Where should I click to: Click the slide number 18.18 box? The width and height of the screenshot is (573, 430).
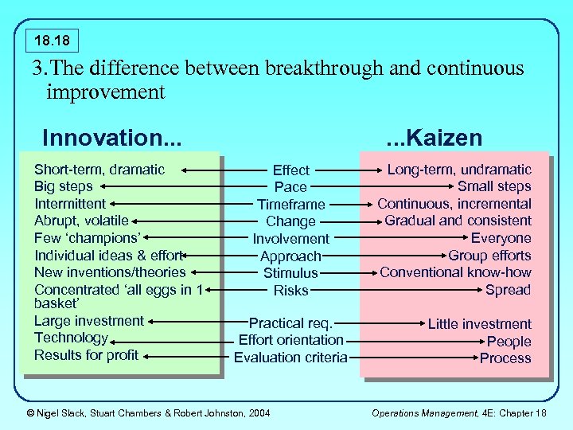[x=52, y=38]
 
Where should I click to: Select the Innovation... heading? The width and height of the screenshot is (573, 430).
[x=111, y=138]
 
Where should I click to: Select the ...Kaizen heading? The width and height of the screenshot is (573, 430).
[x=434, y=138]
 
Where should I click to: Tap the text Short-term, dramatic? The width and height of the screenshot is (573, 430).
[x=99, y=169]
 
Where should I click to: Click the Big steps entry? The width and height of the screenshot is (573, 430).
[x=64, y=186]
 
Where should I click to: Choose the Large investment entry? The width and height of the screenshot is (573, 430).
[x=89, y=321]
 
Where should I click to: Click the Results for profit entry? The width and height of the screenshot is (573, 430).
[x=86, y=355]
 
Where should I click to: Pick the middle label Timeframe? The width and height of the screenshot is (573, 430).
[x=290, y=204]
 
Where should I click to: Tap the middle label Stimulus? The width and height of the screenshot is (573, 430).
[x=290, y=273]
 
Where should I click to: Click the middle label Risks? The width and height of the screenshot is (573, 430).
[x=290, y=291]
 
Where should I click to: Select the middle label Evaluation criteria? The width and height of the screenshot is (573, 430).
[x=290, y=358]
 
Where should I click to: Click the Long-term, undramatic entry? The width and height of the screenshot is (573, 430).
[x=459, y=169]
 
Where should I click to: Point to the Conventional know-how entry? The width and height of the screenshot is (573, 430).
[x=455, y=272]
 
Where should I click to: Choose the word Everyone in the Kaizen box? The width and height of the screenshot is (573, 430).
[x=501, y=237]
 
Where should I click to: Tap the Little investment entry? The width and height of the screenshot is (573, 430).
[x=479, y=323]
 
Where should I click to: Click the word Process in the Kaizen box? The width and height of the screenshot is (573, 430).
[x=505, y=358]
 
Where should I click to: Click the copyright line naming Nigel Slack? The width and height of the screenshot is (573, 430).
[x=148, y=412]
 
